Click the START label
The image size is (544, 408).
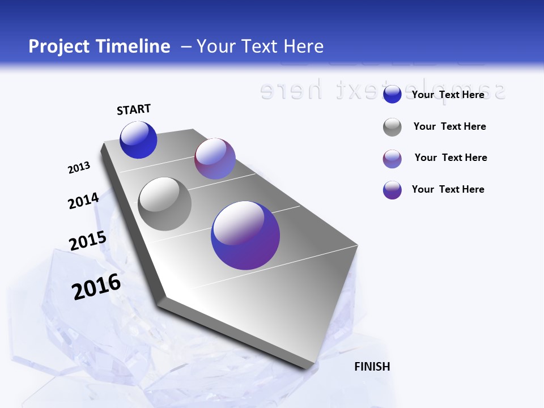(x=134, y=109)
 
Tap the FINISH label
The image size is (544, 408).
(x=372, y=367)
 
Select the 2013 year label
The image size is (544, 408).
(x=79, y=168)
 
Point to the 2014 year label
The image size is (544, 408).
(x=83, y=201)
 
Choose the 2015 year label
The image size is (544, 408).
(x=87, y=240)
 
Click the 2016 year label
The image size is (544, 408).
(x=96, y=287)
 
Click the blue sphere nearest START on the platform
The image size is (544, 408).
(x=138, y=140)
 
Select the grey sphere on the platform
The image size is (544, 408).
(x=164, y=204)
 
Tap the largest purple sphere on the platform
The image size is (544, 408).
(x=245, y=235)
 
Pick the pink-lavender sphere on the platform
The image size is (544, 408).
(x=215, y=159)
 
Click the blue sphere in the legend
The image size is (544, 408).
(x=392, y=95)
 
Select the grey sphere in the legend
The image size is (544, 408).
(x=392, y=127)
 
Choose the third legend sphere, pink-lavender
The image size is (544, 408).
(x=392, y=159)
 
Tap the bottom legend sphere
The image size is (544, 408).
(x=392, y=190)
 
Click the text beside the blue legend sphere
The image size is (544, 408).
(x=448, y=95)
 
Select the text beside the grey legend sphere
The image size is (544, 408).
(x=449, y=126)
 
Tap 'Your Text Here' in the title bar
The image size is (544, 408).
(x=260, y=46)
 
